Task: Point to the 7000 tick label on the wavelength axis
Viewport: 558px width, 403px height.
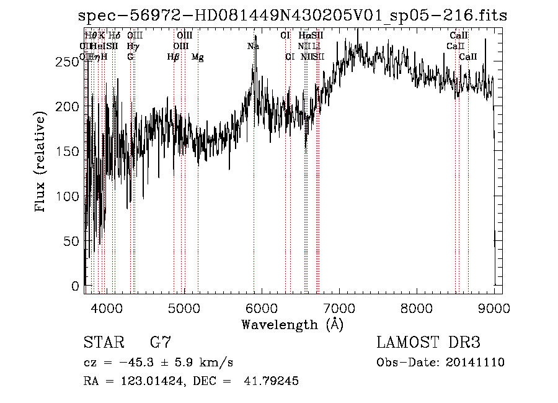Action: click(x=339, y=307)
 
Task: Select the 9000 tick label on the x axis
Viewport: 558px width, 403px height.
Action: click(x=494, y=307)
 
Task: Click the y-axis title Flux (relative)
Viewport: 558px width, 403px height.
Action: click(x=41, y=163)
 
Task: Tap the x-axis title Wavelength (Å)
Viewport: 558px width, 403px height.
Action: click(x=292, y=324)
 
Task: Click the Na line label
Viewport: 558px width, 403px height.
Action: click(x=253, y=47)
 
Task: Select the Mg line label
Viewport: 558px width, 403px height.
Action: click(x=198, y=57)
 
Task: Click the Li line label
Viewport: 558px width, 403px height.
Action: click(x=316, y=47)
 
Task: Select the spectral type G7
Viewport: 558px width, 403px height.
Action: click(x=161, y=343)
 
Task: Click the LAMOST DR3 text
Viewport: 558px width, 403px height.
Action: click(x=428, y=343)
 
